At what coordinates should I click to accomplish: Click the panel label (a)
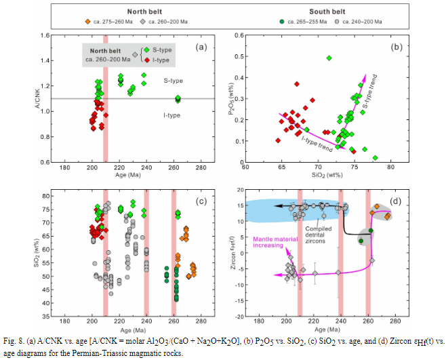point(200,47)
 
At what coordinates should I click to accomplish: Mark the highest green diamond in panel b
point(329,58)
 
